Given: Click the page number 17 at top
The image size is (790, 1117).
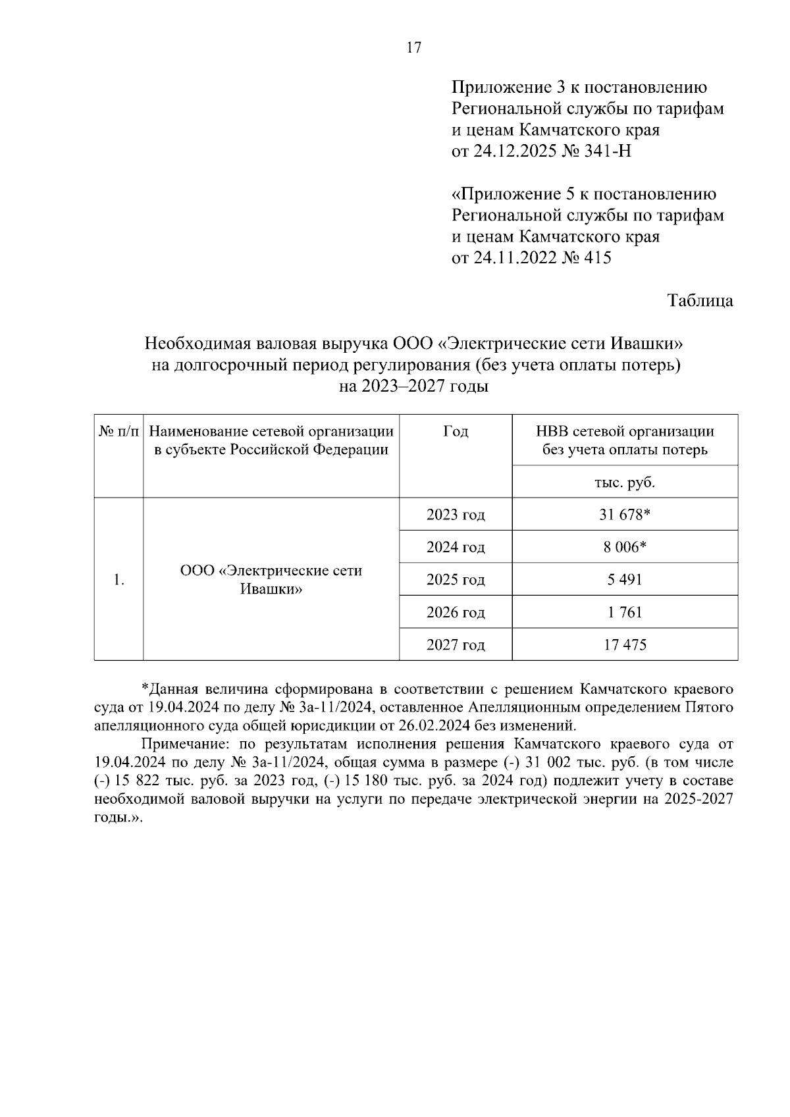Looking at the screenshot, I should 413,47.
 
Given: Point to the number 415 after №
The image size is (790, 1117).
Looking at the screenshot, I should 597,258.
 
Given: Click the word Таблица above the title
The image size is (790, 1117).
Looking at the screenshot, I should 700,301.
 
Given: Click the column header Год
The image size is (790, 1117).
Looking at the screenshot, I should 456,432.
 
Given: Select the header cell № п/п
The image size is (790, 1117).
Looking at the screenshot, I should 118,432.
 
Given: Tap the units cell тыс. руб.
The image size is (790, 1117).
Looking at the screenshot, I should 625,482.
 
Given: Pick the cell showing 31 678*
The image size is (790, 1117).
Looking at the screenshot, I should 625,515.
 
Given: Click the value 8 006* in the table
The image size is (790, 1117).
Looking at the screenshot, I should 625,547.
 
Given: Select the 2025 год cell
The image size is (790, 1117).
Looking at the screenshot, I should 456,580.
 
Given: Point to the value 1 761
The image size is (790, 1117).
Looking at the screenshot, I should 625,612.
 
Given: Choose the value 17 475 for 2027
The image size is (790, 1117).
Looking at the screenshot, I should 625,644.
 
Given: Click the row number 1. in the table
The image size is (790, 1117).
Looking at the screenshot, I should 118,580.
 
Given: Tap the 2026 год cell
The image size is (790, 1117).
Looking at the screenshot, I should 456,612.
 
